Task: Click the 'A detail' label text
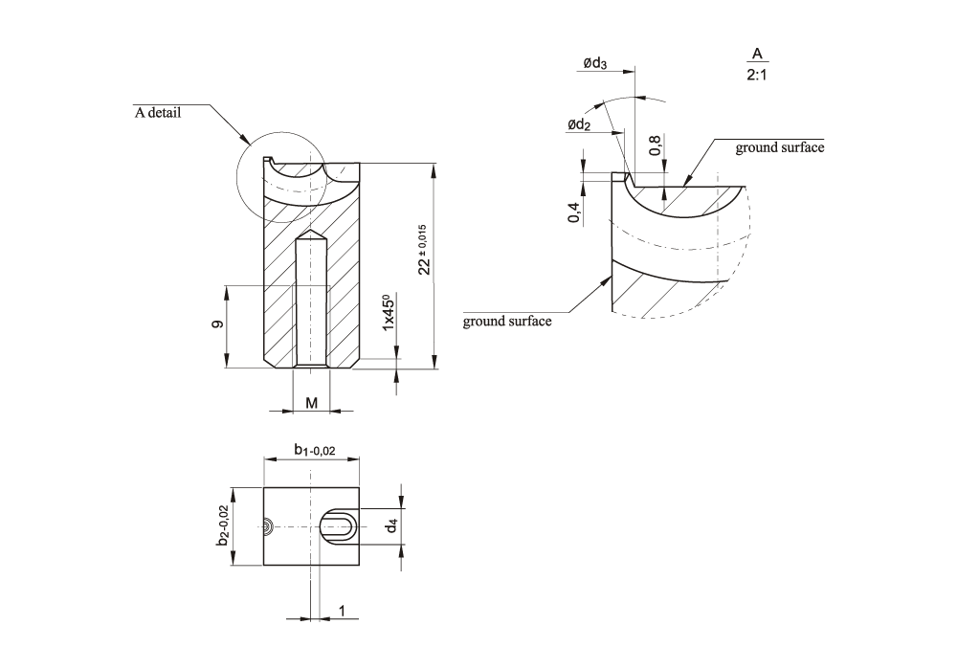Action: click(x=158, y=112)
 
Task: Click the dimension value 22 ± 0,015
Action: click(x=424, y=250)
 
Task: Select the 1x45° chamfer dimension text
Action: click(x=388, y=314)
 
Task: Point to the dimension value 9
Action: click(x=218, y=325)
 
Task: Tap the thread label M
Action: click(x=311, y=404)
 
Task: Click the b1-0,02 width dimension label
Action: click(x=314, y=449)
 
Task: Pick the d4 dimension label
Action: click(x=390, y=525)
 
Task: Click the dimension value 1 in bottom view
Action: click(x=342, y=610)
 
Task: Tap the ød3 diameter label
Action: click(x=594, y=63)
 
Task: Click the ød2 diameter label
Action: click(x=578, y=125)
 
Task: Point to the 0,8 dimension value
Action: click(x=655, y=145)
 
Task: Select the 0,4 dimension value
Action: click(x=574, y=213)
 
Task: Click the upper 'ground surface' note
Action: click(x=779, y=147)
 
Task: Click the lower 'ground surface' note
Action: click(x=507, y=321)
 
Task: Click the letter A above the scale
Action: click(x=757, y=54)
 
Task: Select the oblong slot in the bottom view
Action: click(x=337, y=526)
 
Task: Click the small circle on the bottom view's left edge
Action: click(x=269, y=525)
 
